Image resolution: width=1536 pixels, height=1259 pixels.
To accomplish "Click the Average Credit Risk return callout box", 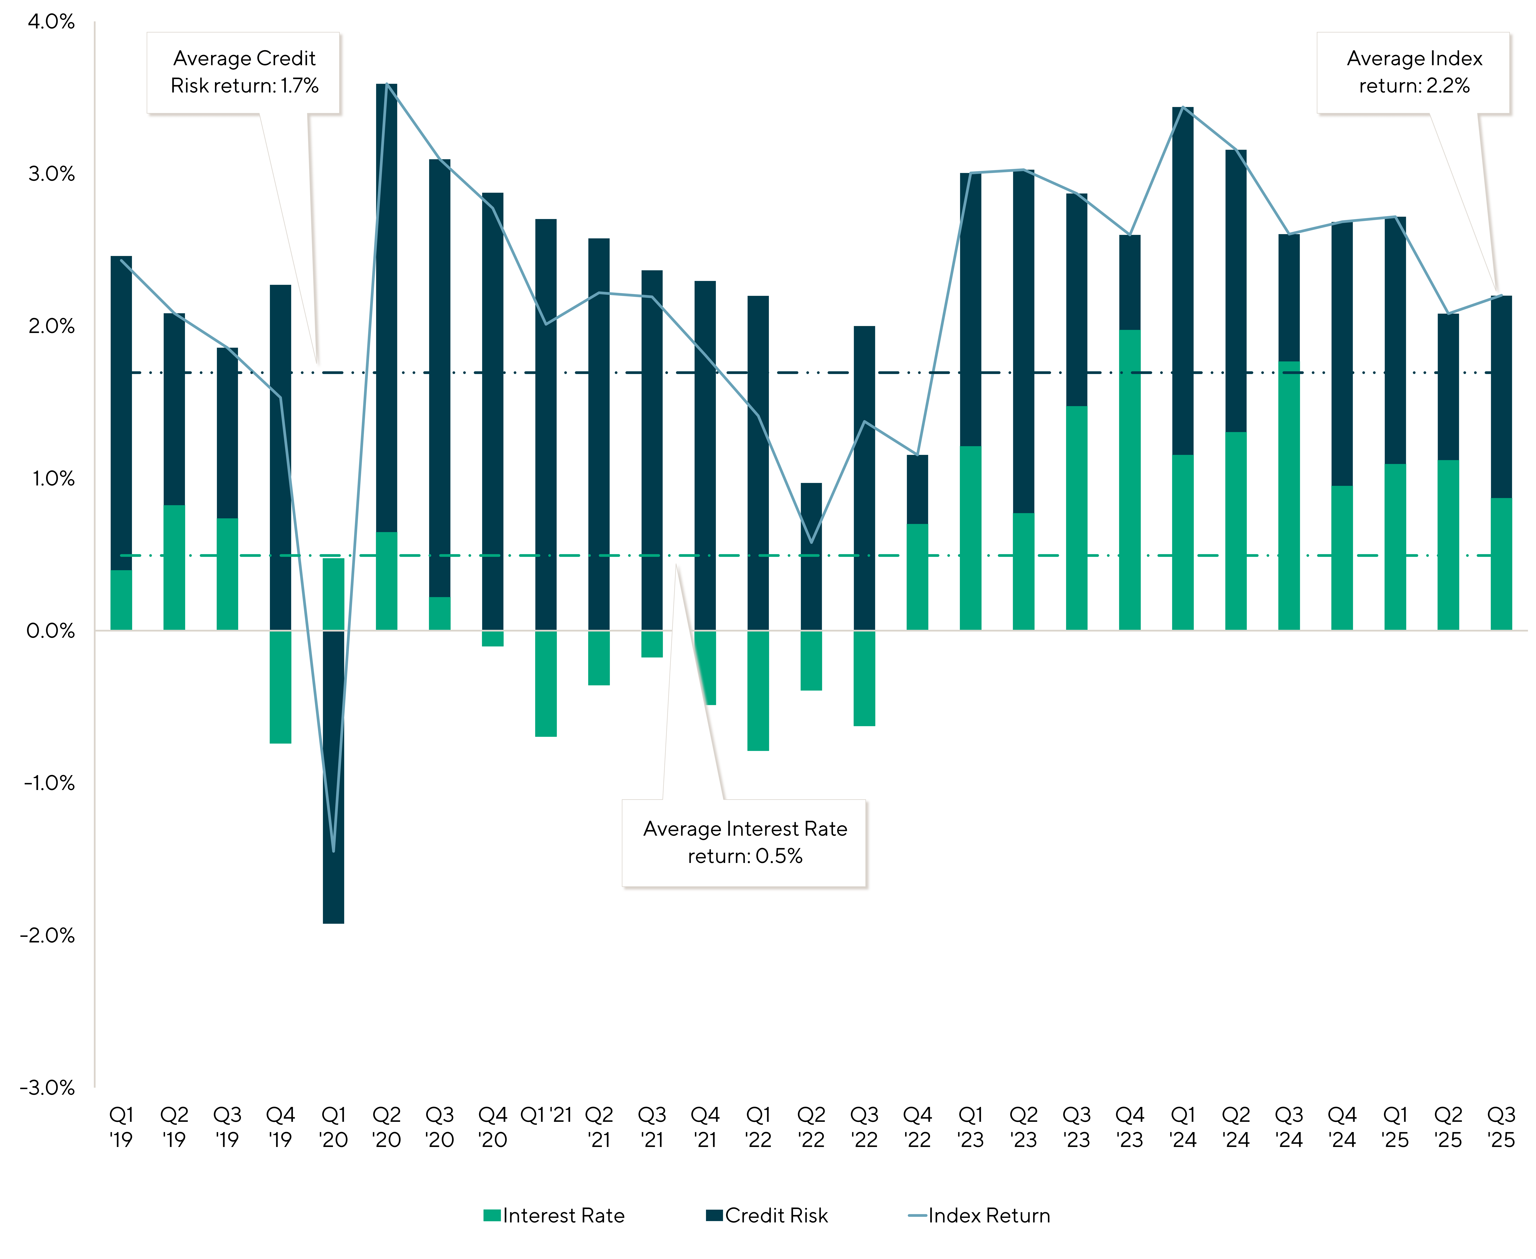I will coord(244,73).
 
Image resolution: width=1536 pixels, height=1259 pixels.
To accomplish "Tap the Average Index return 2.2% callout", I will coord(1414,73).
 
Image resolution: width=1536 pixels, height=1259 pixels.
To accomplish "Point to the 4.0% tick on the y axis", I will coord(51,22).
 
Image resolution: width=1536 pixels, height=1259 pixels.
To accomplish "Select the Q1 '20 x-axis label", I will coord(334,1128).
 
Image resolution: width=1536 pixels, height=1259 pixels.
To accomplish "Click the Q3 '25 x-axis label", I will coord(1501,1128).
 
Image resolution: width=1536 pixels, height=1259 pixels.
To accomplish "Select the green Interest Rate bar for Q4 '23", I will coord(1130,479).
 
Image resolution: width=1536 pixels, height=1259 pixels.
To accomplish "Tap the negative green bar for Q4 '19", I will coord(281,687).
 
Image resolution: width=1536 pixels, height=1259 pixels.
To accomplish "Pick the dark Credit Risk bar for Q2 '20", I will coord(387,305).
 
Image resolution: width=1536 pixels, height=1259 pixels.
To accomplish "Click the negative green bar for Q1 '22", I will coord(758,690).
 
